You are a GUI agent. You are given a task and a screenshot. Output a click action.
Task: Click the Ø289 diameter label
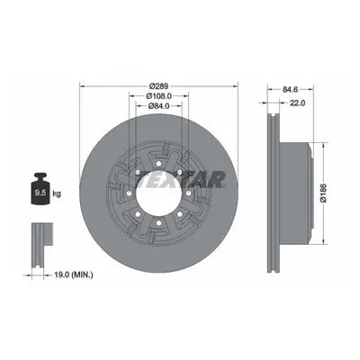point(159,86)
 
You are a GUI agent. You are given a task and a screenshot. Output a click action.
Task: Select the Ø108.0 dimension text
point(158,96)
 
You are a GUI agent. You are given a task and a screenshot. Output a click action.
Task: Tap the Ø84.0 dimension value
point(159,105)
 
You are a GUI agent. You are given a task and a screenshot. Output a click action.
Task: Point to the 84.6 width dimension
point(290,89)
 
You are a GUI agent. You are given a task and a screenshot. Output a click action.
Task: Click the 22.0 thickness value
point(297,103)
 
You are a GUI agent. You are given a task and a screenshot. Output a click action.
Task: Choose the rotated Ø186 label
point(323,193)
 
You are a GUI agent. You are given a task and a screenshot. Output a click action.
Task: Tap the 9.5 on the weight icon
point(40,193)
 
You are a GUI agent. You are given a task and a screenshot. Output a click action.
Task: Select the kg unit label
point(57,193)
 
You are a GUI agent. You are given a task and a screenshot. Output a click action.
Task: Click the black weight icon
point(40,189)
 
